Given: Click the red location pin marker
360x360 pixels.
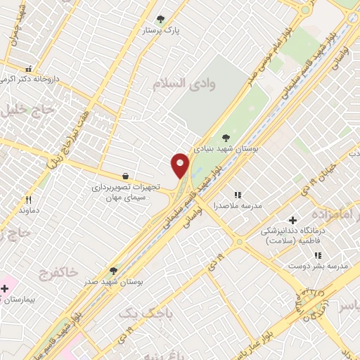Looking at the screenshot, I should pos(180,165).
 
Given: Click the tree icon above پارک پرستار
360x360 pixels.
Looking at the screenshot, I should pos(161,19).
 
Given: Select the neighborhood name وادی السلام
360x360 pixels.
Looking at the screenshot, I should pos(184,83).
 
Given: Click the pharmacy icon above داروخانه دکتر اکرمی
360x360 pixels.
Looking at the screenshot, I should pos(29,69).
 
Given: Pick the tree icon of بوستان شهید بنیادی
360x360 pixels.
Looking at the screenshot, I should pos(226,138).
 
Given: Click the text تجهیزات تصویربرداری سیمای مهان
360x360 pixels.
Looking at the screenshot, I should pos(126,193).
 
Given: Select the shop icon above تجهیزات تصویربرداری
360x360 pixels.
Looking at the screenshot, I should pos(125,176).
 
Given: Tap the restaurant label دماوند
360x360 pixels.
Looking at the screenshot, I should pos(27,210).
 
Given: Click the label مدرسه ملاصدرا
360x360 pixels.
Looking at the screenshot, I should pos(237,205).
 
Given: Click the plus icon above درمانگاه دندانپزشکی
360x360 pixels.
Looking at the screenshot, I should pos(293,220).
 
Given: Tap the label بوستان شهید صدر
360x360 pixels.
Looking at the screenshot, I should pos(115,281).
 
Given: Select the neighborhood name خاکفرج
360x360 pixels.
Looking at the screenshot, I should pos(64,271).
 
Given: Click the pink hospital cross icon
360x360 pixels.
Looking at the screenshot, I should pos(6,288).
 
